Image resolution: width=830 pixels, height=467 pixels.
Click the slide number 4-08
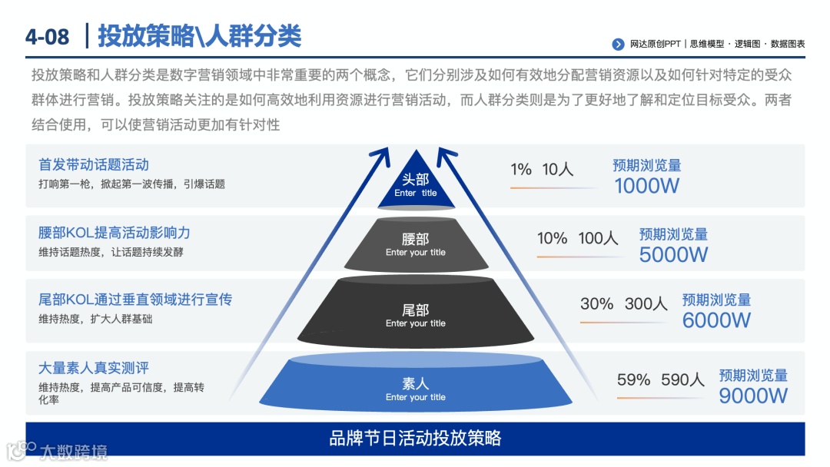47,37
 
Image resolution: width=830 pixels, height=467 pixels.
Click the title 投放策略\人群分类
199,36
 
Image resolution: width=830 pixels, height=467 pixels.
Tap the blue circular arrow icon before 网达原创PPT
618,45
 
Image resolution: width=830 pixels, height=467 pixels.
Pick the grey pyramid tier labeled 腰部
416,245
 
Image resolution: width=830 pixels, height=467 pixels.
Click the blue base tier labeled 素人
416,388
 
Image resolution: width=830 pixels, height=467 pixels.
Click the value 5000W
673,254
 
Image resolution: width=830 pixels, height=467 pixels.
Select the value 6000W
716,320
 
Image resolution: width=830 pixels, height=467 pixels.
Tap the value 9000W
753,395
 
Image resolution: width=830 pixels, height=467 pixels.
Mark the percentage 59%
633,379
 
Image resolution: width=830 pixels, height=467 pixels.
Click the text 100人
598,238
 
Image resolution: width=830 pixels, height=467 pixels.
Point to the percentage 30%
596,303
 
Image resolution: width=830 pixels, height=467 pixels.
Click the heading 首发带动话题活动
94,164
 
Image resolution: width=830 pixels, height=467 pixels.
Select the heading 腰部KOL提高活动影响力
114,232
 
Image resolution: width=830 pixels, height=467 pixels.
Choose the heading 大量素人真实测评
94,368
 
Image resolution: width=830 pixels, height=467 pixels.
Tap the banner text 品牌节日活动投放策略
415,438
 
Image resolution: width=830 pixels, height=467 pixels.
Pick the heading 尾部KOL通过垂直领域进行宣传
135,299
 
